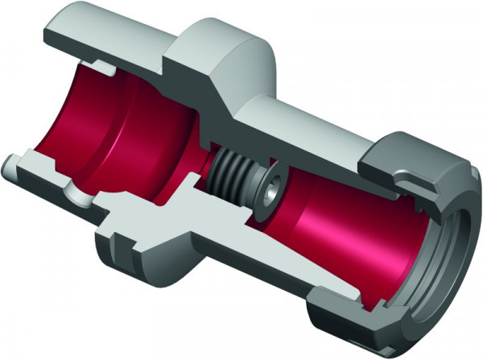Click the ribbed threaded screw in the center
point(235,174)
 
